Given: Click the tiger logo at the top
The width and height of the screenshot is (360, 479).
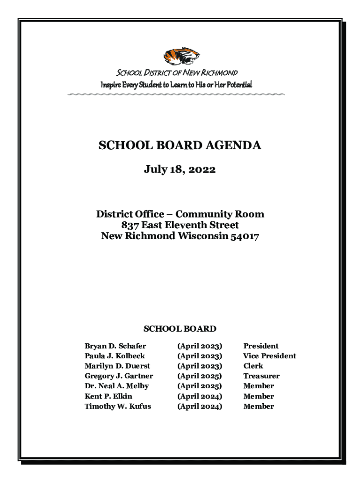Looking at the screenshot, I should tap(181, 56).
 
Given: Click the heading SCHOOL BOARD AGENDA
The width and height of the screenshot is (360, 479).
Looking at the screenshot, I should tap(180, 146).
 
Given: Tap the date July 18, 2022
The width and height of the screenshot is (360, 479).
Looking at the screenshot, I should tap(180, 169).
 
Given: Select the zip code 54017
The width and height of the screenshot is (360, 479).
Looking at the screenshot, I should tap(244, 236).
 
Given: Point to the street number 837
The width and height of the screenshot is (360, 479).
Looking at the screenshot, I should tap(131, 225).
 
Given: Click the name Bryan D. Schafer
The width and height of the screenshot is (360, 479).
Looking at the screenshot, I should tap(115, 346).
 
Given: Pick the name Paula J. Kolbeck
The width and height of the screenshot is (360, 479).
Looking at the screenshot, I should tap(115, 356).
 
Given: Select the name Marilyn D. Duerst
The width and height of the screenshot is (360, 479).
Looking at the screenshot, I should tap(117, 366).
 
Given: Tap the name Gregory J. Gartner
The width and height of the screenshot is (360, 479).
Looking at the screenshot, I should tap(119, 376).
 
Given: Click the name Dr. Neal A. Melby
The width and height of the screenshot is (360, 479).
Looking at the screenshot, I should tap(116, 386).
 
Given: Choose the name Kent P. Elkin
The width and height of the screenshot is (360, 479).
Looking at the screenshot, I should tap(108, 396).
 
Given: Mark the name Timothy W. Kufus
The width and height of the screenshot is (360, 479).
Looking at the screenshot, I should tap(118, 406).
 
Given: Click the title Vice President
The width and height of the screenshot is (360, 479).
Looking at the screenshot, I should tap(269, 356).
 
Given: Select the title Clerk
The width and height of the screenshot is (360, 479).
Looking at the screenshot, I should tap(253, 366).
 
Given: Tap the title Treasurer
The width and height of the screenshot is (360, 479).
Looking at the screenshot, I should tap(261, 376).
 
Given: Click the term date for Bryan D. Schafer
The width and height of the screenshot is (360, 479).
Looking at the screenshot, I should tap(200, 346).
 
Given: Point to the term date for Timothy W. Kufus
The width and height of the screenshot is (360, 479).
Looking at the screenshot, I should tap(200, 406).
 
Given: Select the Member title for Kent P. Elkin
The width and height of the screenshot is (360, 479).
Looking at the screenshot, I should tap(259, 396).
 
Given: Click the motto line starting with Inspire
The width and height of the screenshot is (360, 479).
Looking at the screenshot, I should tap(177, 85).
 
